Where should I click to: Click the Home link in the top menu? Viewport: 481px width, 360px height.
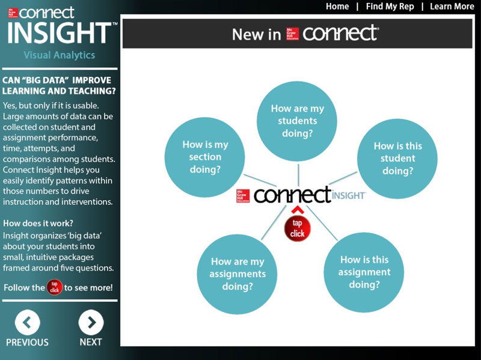point(337,7)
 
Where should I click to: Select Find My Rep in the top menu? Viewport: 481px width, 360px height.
point(390,7)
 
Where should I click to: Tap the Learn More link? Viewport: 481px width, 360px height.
point(452,7)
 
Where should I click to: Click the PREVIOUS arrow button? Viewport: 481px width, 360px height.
point(27,322)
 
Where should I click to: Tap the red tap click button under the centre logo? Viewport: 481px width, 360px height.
point(297,228)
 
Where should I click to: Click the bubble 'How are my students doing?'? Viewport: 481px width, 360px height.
point(297,121)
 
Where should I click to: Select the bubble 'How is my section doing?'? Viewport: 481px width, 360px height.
point(204,157)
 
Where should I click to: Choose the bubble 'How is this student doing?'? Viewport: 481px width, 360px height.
point(397,159)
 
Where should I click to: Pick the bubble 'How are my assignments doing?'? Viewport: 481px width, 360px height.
point(237,274)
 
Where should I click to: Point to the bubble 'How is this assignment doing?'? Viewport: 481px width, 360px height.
point(364,272)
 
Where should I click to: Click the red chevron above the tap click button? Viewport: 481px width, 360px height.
point(298,210)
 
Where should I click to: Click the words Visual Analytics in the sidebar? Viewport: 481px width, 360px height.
point(60,55)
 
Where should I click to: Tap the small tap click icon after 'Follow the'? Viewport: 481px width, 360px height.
point(55,287)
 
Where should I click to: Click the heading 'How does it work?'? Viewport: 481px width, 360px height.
point(38,223)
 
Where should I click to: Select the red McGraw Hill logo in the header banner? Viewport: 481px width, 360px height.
point(292,34)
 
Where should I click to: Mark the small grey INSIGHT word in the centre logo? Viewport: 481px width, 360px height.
point(349,196)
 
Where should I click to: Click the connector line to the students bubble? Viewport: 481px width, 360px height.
point(298,175)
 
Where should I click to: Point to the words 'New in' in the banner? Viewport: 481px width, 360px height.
point(257,34)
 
